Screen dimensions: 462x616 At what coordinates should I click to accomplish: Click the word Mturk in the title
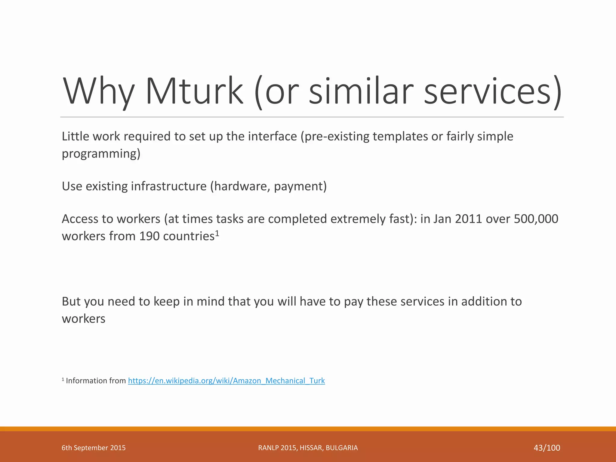pyautogui.click(x=194, y=91)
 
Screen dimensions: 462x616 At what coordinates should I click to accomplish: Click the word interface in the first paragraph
pyautogui.click(x=273, y=137)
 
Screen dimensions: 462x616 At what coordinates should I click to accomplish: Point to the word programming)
pyautogui.click(x=101, y=154)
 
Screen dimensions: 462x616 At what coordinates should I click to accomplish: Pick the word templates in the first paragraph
pyautogui.click(x=400, y=137)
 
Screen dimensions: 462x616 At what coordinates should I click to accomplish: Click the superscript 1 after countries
pyautogui.click(x=217, y=233)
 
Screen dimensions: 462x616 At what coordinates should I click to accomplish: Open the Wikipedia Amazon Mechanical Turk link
pyautogui.click(x=226, y=381)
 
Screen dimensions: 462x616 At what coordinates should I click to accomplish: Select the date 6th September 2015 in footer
pyautogui.click(x=94, y=448)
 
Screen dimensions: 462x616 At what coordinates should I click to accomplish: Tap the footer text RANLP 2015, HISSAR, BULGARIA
pyautogui.click(x=308, y=448)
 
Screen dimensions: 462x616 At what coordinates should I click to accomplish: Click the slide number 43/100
pyautogui.click(x=547, y=448)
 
